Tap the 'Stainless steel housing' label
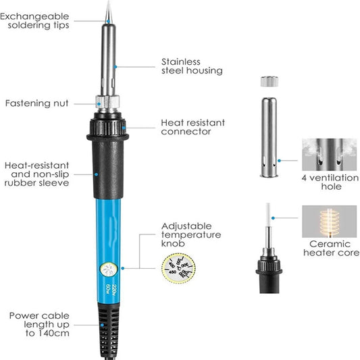pos(191,66)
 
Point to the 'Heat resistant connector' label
pos(192,127)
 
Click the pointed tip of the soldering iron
pos(107,8)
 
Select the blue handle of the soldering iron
pos(107,230)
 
